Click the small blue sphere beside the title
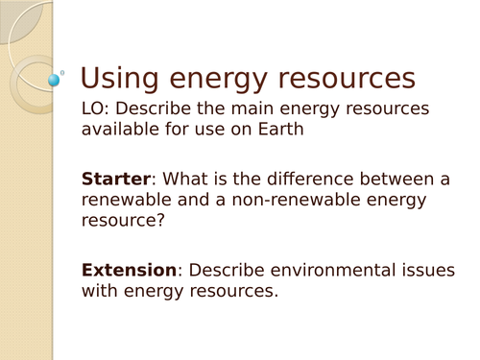(x=54, y=79)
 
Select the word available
(x=117, y=130)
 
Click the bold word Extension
(x=129, y=270)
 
